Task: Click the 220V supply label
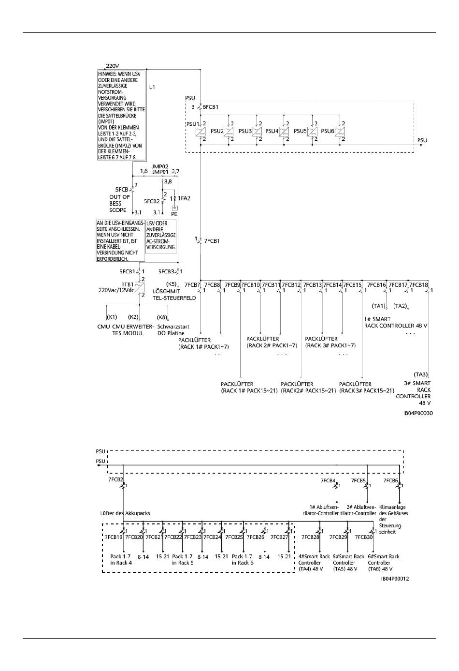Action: (113, 66)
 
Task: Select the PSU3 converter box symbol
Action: (257, 132)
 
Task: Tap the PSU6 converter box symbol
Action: (340, 132)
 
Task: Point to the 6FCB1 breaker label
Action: (211, 107)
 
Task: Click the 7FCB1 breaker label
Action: (212, 240)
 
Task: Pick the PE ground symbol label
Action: (174, 213)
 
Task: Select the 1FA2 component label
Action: (184, 198)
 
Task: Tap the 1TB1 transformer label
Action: (128, 285)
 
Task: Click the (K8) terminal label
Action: (162, 317)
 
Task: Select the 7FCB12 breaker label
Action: (291, 285)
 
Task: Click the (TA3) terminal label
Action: (420, 374)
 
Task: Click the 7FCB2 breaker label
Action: (115, 480)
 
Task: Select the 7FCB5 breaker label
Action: (358, 480)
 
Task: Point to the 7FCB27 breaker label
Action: (279, 537)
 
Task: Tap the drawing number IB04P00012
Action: (395, 579)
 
